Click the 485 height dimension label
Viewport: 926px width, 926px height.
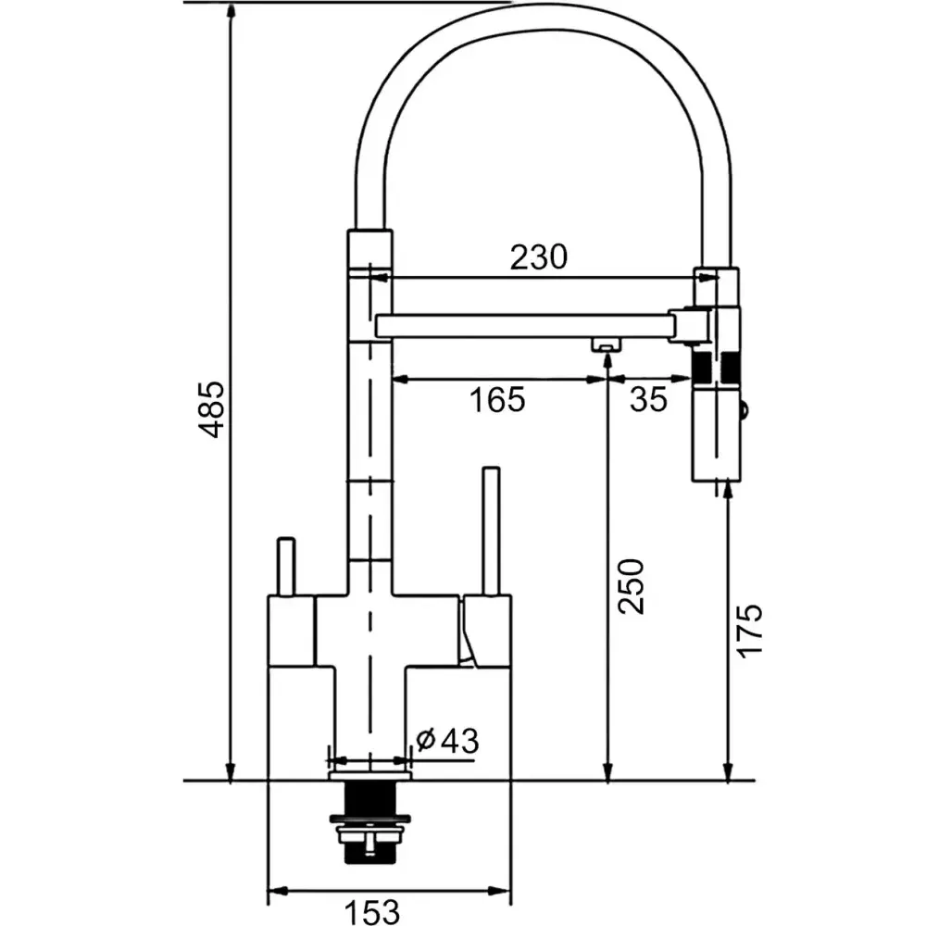click(x=212, y=409)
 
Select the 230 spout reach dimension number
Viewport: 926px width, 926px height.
click(x=538, y=257)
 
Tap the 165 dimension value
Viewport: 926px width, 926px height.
click(x=496, y=400)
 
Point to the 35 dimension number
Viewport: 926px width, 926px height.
click(x=648, y=400)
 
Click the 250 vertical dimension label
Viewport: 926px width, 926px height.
click(x=630, y=586)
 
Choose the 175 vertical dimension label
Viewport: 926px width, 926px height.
click(x=750, y=630)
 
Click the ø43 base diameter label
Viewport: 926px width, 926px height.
click(x=447, y=740)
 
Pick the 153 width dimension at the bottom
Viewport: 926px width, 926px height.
click(x=371, y=912)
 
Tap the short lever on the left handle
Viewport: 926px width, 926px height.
click(x=286, y=567)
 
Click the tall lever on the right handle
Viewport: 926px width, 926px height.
click(x=492, y=531)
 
